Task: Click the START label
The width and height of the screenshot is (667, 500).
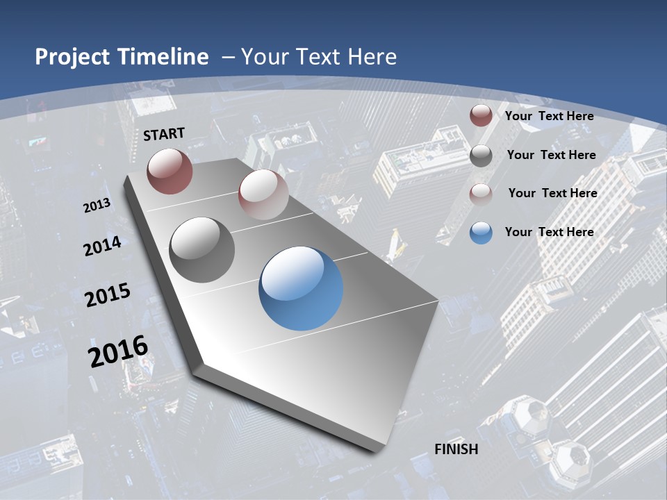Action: [164, 134]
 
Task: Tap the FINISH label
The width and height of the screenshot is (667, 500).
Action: [456, 449]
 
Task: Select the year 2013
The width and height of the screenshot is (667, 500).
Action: [97, 205]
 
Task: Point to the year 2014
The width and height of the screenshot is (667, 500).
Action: [102, 247]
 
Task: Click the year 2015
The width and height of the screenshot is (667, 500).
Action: [107, 295]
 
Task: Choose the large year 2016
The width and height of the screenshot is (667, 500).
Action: [118, 351]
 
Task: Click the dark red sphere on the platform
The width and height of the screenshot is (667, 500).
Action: [170, 171]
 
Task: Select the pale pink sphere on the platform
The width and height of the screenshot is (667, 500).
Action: [263, 194]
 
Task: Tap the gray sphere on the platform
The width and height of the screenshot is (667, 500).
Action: [201, 250]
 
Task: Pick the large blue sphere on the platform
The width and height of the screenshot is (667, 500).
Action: [301, 288]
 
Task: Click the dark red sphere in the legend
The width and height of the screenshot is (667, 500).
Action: [481, 116]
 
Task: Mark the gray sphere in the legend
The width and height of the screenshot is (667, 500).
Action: [481, 156]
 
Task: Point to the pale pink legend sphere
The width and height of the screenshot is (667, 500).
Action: [481, 194]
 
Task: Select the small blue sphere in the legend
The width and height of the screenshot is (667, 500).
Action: [481, 233]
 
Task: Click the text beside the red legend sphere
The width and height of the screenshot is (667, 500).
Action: [549, 116]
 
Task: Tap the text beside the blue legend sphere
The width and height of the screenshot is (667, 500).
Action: [549, 232]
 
